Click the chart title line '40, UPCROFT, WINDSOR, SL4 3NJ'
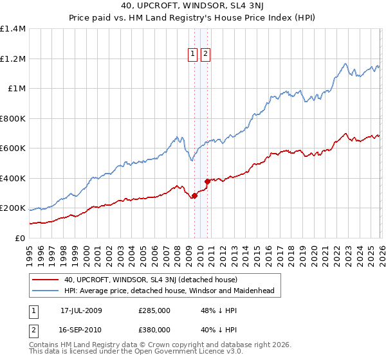pos(192,6)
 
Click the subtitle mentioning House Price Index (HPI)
pos(192,18)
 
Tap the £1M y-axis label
pos(16,89)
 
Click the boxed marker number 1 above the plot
pos(193,54)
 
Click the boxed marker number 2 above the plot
pos(205,54)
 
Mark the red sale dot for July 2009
pos(194,195)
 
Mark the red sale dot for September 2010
pos(207,181)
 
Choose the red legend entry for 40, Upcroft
pos(151,280)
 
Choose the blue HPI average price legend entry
pos(169,291)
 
